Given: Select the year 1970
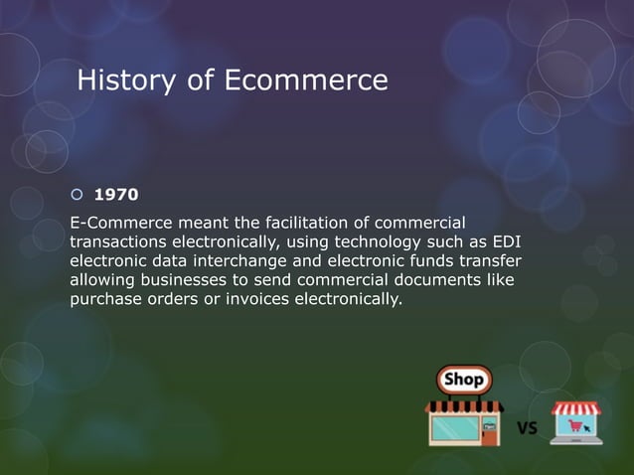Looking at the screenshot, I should pos(115,195).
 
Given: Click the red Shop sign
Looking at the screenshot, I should pos(463,380).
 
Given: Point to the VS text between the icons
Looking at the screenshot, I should pos(529,429).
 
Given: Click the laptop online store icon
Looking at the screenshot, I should pos(577,422).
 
